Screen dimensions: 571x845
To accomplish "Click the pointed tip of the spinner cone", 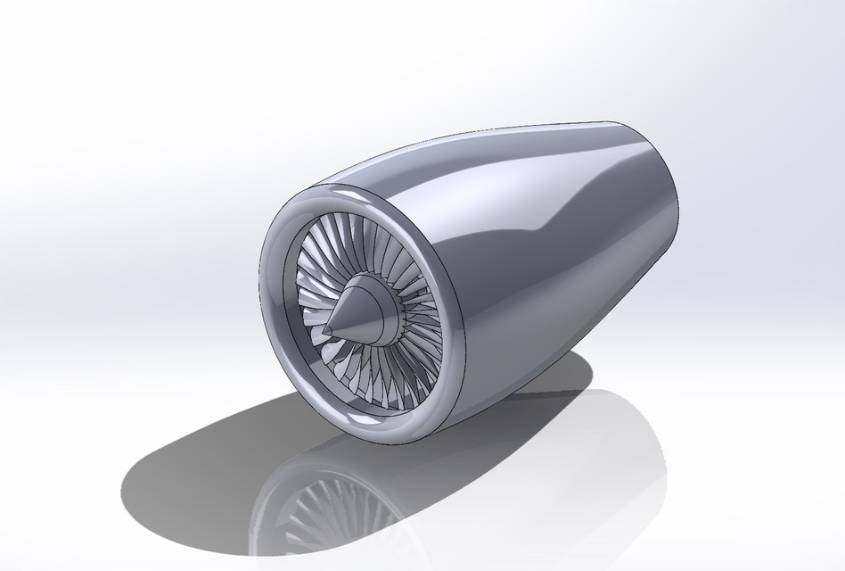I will click(325, 332).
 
